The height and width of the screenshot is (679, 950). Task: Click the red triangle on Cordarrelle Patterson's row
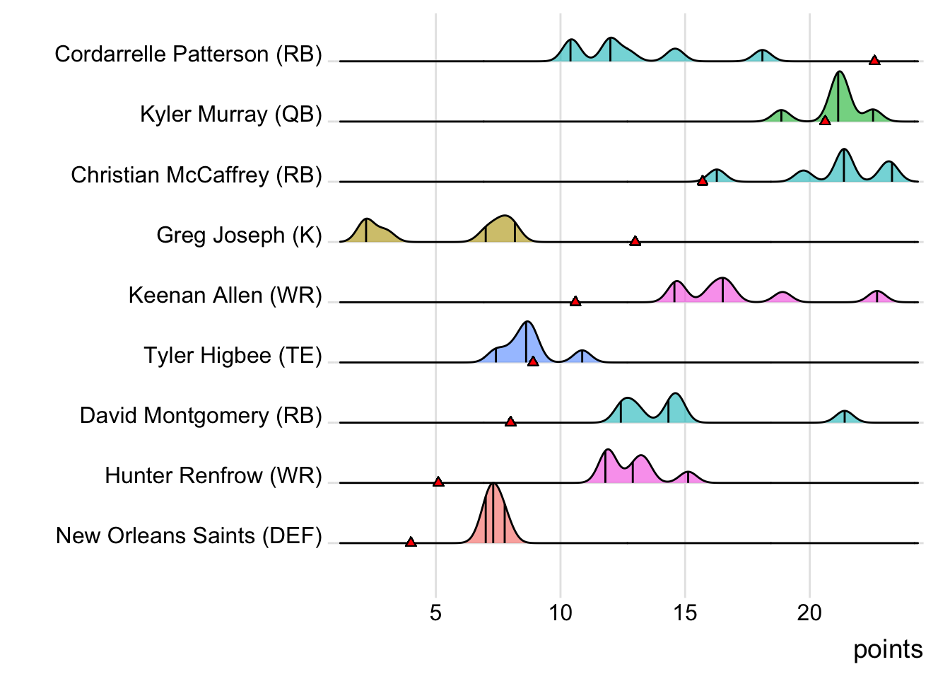[874, 60]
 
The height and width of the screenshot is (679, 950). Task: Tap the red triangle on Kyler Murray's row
[825, 121]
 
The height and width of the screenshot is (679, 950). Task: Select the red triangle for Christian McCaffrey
[702, 181]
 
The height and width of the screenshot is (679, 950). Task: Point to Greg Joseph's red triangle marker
[635, 241]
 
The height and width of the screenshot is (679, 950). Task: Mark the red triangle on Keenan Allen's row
[575, 301]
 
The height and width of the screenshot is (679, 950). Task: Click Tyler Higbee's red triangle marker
[533, 361]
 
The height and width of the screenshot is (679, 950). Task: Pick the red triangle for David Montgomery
[510, 422]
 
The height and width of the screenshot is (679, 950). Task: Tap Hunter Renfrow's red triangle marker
[438, 482]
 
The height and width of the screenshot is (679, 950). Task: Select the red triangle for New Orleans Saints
[411, 542]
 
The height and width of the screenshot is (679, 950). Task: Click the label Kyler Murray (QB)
[230, 114]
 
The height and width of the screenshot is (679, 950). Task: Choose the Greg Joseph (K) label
[239, 235]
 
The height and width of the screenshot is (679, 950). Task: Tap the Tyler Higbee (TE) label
[233, 355]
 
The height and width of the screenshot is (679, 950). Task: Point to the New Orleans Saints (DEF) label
[189, 535]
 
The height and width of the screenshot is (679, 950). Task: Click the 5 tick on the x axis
[435, 613]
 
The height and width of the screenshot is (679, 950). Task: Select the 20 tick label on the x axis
[809, 613]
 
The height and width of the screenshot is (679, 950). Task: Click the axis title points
[888, 649]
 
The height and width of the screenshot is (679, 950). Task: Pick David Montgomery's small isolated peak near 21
[844, 417]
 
